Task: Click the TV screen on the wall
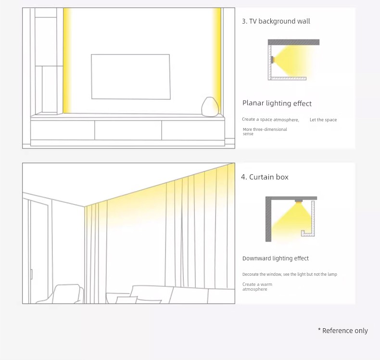click(x=131, y=77)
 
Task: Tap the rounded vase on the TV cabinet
click(x=210, y=107)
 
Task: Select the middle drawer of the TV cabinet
click(x=128, y=130)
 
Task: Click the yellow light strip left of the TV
click(x=67, y=61)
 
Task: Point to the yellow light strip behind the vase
click(x=217, y=61)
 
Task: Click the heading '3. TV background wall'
click(x=276, y=21)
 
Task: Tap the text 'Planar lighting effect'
click(x=277, y=103)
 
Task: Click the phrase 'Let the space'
click(x=323, y=120)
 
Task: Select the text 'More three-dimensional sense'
click(x=265, y=131)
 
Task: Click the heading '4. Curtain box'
click(x=265, y=177)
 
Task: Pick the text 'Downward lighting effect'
click(x=276, y=258)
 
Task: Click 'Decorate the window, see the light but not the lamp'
click(x=290, y=274)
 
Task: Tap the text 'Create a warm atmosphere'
click(x=257, y=286)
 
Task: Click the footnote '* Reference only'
click(x=343, y=331)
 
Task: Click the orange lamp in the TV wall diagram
click(x=273, y=60)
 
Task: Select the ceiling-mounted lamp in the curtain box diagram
click(x=299, y=201)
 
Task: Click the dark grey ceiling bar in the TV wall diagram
click(x=293, y=42)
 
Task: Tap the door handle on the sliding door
click(x=31, y=274)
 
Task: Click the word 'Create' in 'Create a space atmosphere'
click(x=248, y=119)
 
